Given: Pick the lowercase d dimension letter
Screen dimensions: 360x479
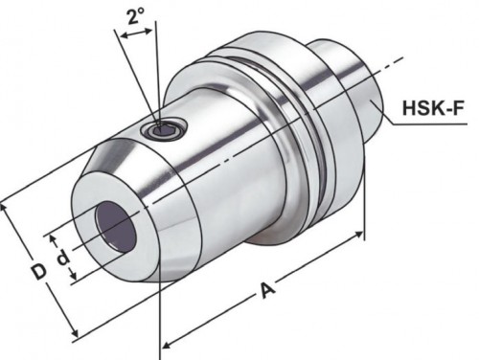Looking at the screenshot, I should click(61, 258).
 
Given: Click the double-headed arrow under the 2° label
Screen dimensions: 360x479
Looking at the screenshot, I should click(137, 32).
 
